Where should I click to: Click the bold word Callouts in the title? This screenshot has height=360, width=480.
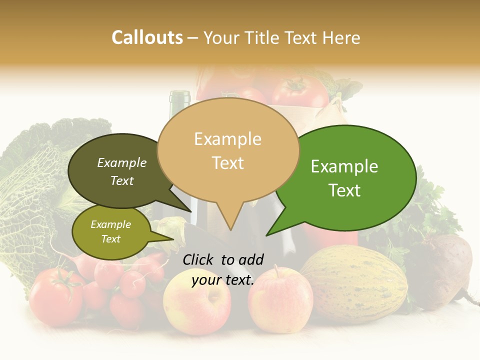pos(147,37)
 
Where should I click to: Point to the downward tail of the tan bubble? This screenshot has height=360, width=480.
pos(230,220)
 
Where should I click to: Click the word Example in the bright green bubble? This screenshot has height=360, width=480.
pos(344,166)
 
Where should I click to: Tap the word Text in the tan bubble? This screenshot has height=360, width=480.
pos(228,163)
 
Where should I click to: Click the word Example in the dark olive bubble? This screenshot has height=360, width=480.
pos(122,163)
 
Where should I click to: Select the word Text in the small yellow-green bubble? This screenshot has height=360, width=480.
pos(111,239)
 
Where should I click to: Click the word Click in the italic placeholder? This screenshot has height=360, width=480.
pos(199,259)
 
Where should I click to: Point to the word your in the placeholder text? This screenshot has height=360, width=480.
pos(206,280)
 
